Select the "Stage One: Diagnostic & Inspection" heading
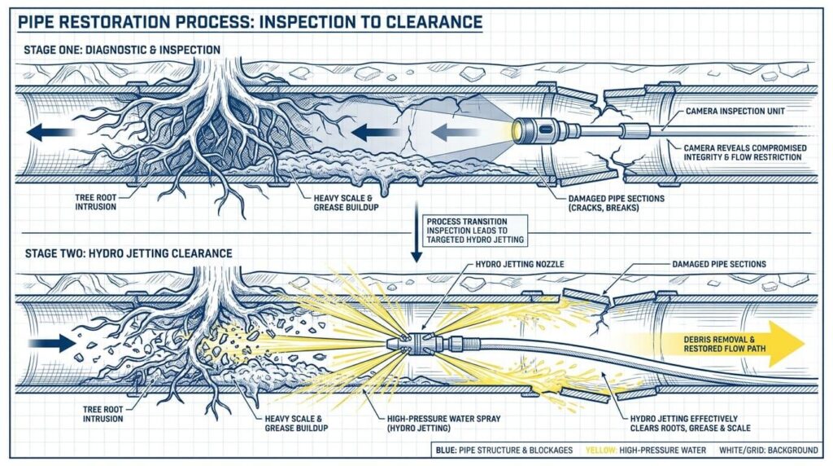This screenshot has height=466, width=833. pos(122,50)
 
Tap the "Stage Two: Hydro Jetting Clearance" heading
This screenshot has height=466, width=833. pos(129,253)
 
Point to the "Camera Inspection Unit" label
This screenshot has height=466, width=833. pos(735,111)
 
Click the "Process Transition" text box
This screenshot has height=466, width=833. pos(475,231)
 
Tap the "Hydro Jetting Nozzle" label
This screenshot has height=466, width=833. pos(520,264)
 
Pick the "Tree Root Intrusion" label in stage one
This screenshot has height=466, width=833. pos(96,202)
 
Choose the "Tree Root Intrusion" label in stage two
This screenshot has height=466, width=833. pos(102,415)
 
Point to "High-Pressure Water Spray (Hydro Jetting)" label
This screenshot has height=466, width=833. pos(443,424)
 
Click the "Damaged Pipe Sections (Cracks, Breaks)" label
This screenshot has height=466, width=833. pos(617,203)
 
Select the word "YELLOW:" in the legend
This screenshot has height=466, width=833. pos(601,451)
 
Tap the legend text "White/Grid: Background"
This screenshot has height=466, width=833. pos(769,451)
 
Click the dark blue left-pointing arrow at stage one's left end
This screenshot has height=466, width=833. pos(50,132)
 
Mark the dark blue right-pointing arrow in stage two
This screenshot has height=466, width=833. pos(52,343)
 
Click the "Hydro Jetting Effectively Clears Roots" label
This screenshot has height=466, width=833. pos(690,424)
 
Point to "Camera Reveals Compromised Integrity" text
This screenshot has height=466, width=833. pos(745,152)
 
